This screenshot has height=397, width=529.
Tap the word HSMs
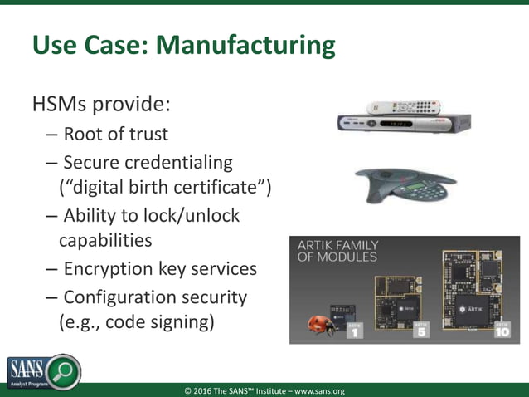coord(65,105)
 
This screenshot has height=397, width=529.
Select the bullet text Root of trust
coord(115,134)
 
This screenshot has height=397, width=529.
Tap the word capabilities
coord(105,241)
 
